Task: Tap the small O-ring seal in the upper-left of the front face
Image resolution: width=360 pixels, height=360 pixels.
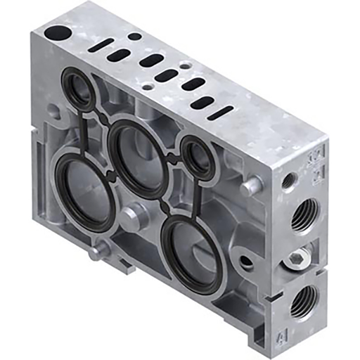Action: tap(79, 89)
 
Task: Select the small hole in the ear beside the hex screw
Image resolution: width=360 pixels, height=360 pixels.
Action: tap(246, 262)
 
